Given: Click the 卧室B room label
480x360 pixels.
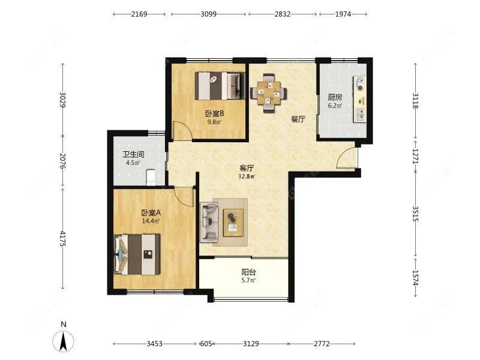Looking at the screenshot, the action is tap(215, 114).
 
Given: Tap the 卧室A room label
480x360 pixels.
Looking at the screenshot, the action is tap(151, 212).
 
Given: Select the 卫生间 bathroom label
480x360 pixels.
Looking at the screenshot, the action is tap(133, 154).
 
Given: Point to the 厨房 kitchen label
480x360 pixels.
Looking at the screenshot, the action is tap(335, 97).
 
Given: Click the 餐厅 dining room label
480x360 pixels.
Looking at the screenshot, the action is tap(298, 119).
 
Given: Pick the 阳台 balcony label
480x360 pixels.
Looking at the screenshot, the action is tap(248, 272).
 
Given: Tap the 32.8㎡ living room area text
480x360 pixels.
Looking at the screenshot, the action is tap(247, 176).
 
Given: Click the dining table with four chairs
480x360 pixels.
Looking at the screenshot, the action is tap(269, 93).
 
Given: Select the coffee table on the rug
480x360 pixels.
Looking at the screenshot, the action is tap(233, 223).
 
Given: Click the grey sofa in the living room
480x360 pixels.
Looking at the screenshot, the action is tap(209, 222).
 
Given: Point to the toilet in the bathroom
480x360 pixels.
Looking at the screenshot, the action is tap(151, 178).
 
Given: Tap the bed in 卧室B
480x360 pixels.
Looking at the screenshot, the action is tap(220, 86).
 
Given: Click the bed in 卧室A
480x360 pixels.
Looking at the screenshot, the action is tap(137, 254).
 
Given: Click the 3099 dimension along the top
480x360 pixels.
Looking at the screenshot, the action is tap(208, 14).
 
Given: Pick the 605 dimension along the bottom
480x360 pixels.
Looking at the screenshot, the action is tap(206, 344).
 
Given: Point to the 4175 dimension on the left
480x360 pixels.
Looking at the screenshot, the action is tap(63, 239).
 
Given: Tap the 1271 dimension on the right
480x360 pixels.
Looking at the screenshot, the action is tap(415, 156).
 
